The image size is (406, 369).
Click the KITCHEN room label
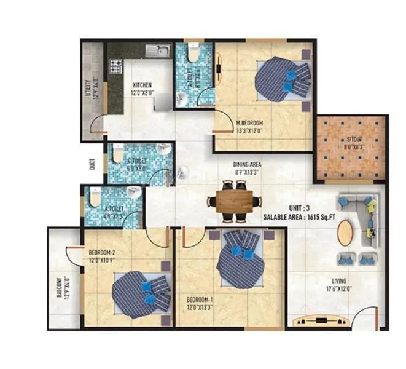tap(142, 85)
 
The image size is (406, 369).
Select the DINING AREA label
tap(247, 165)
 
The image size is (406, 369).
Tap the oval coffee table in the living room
tap(346, 232)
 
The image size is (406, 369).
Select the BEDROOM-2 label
tap(102, 252)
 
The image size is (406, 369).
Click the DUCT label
tap(92, 165)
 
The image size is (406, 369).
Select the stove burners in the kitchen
tap(115, 66)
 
